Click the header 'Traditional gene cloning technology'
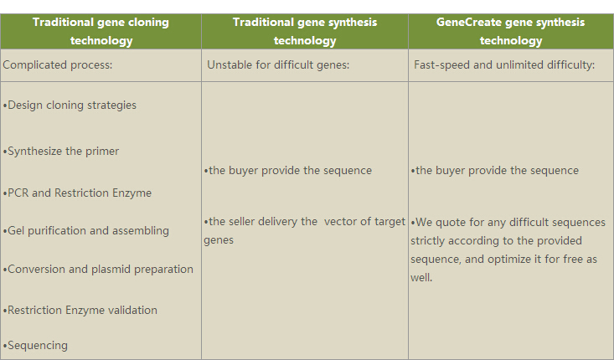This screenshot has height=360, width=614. click(101, 31)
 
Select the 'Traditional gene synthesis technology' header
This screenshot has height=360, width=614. click(305, 31)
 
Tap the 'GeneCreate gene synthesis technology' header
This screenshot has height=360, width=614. click(511, 31)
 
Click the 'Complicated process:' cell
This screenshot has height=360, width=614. click(58, 65)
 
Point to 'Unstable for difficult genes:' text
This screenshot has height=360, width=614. click(278, 65)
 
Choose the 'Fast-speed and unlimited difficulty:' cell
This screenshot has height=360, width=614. click(504, 65)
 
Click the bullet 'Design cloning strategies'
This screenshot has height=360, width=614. click(70, 105)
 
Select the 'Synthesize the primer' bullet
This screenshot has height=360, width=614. click(60, 152)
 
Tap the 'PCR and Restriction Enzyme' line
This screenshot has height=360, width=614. click(77, 193)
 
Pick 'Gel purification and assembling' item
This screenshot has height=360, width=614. click(85, 231)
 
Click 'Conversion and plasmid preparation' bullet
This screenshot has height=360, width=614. click(98, 270)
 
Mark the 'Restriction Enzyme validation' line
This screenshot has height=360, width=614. click(80, 311)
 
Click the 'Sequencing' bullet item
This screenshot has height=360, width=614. click(35, 346)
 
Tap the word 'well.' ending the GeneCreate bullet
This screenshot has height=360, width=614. click(421, 277)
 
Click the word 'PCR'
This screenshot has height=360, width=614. click(18, 193)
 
